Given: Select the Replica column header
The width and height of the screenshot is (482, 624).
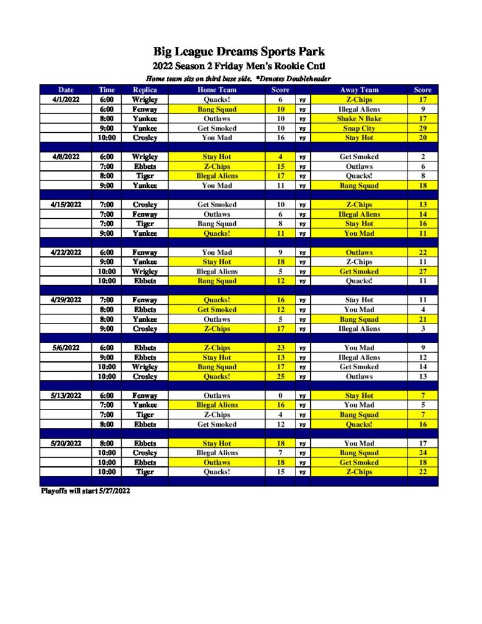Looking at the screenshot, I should [x=145, y=90].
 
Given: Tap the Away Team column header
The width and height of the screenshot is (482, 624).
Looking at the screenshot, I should [x=359, y=90].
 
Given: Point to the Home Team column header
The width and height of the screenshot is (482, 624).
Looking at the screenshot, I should [x=217, y=90].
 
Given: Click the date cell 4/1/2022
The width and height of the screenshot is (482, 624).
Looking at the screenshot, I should [x=66, y=99].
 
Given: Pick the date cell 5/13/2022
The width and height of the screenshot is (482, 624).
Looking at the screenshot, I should [x=66, y=395].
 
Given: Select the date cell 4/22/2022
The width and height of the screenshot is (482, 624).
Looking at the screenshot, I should [x=66, y=252].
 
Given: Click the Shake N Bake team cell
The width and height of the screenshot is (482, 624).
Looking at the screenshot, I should [x=359, y=119].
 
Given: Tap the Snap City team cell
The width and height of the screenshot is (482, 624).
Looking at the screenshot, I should [x=359, y=129].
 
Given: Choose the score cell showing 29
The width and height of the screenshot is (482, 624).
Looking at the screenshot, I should [x=422, y=129].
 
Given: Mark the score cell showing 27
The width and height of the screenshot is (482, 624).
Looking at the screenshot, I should [x=422, y=272].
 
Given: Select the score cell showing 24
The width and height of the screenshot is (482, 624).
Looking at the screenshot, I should [x=422, y=453].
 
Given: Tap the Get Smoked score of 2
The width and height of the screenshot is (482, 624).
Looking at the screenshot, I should [x=422, y=157].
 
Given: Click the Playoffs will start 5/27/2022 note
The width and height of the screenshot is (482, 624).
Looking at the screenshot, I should [x=85, y=491].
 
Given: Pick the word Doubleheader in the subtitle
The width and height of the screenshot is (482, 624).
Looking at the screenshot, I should [x=308, y=79].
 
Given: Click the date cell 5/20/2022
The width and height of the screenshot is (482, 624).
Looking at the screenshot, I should [x=66, y=444].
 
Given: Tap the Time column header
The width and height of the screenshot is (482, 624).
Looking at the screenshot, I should [x=107, y=90].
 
